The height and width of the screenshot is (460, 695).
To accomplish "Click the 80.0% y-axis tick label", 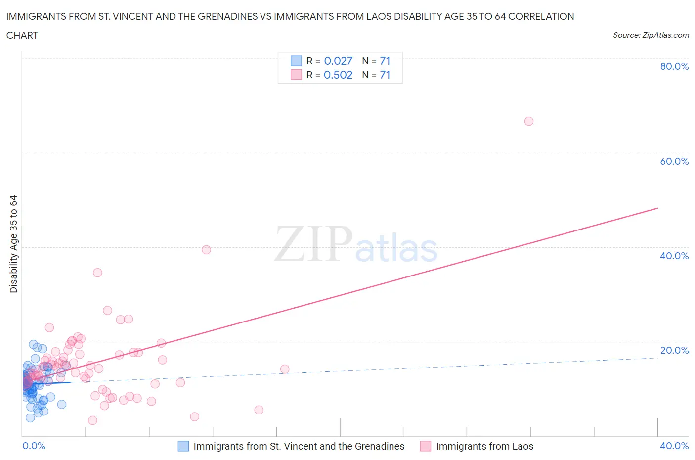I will pos(674,66).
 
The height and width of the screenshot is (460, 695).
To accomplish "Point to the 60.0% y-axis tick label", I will pos(674,161).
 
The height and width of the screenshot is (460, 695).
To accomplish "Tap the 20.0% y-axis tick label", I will pos(674,350).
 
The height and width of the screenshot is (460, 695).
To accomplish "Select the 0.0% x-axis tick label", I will pos(34,446).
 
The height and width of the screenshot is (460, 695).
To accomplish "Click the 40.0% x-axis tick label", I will pos(674,446).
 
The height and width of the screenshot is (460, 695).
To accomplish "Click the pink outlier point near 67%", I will pos(528,121).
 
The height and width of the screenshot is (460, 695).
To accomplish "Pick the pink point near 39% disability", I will pos(206,250).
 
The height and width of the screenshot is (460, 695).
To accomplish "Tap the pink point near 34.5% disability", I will pos(97,273).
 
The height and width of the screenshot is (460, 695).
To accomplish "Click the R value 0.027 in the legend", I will pos(338,61).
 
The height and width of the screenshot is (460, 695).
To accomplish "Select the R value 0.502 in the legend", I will pos(338,75).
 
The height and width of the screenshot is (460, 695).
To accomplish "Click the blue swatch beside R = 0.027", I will pos(296,61).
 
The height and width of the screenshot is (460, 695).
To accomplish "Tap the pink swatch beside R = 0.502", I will pos(296,75).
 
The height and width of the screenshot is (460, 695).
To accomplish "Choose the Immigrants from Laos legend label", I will pos(484,446).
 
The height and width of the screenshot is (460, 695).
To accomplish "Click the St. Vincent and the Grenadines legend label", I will pos(299,446).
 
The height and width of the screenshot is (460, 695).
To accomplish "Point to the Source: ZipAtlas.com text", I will pos(651,35).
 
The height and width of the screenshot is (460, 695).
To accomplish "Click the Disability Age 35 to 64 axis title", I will pos(13,244).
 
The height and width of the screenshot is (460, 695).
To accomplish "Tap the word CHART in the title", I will pos(22,35).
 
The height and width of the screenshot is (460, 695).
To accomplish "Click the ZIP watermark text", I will pos(313,244).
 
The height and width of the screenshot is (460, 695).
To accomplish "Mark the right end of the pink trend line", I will pos(657,208).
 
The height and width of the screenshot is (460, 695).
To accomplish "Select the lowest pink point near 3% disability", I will pos(92,420).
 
